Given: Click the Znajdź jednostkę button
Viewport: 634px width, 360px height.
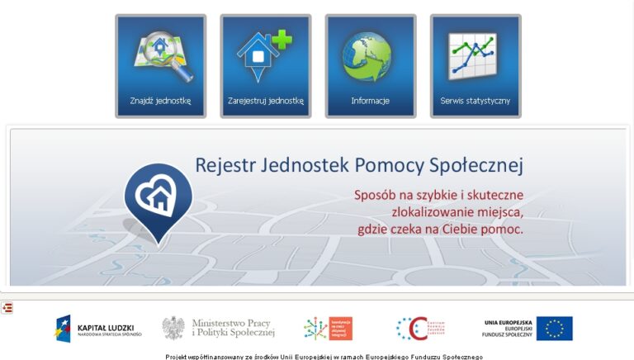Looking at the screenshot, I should (x=160, y=66).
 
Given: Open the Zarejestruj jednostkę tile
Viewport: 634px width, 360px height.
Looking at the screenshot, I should (x=266, y=66).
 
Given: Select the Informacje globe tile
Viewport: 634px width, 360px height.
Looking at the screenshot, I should (x=370, y=66).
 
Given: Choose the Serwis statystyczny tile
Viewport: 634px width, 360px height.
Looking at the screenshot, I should (x=475, y=66).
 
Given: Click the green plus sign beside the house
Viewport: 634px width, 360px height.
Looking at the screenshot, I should (x=282, y=40).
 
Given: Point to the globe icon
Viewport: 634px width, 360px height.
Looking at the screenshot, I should (x=369, y=56).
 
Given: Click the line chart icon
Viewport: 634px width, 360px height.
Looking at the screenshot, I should (x=472, y=55).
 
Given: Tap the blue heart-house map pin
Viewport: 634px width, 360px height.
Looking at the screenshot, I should (x=158, y=198).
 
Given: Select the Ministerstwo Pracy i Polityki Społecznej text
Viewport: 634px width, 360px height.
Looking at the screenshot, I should (x=232, y=328).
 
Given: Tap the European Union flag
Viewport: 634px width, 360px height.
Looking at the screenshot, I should (x=554, y=329).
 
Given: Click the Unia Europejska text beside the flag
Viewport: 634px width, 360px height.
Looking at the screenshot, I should (x=508, y=322).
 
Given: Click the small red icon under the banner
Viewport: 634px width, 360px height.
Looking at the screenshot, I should (x=7, y=308).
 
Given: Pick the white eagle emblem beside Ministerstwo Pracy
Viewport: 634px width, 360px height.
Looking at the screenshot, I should (x=173, y=328).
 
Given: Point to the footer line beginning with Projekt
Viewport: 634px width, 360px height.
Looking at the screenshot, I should (x=324, y=357).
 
